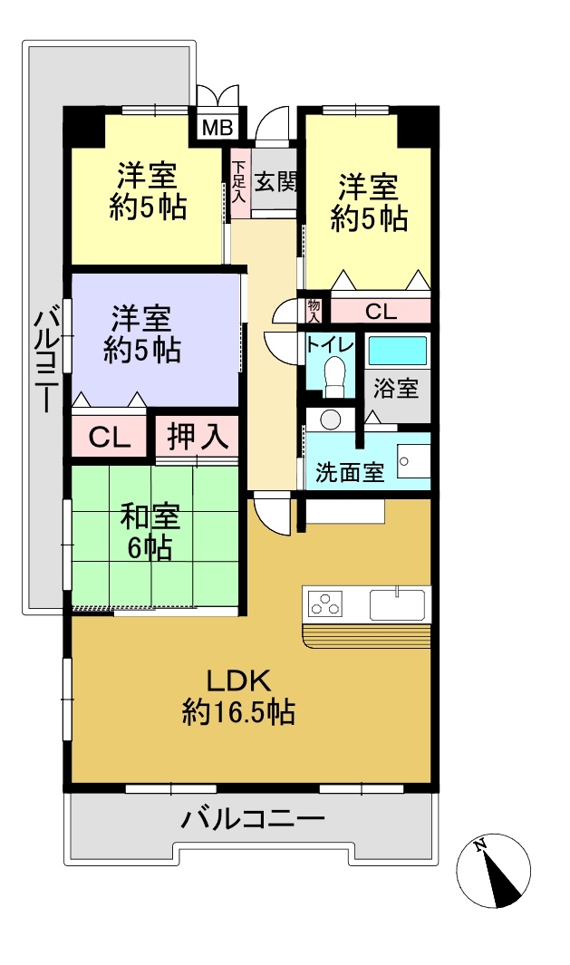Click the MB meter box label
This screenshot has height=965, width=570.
coord(217,128)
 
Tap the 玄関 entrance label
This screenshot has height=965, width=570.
coord(275,181)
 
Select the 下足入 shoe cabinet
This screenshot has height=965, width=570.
coord(239,183)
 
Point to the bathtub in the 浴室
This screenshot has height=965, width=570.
coord(397,350)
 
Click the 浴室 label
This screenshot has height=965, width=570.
coord(395,388)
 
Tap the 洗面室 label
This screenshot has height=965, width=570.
coord(350,472)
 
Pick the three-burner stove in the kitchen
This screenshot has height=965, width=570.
coord(325,603)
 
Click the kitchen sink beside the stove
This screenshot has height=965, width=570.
coord(397,605)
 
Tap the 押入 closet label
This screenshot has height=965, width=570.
coord(198,437)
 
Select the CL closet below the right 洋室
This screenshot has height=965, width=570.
coord(381,312)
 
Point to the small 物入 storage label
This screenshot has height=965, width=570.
coord(314,312)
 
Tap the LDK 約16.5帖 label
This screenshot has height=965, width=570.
coord(238,697)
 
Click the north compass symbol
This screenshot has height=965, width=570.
coord(494,871)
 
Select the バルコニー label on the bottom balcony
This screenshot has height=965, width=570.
coord(252,819)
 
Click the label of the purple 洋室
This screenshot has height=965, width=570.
coord(141,334)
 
